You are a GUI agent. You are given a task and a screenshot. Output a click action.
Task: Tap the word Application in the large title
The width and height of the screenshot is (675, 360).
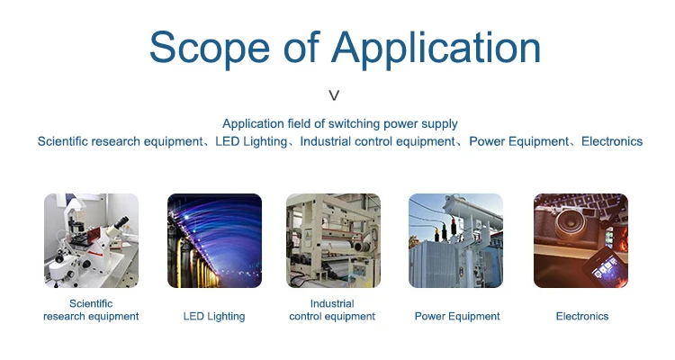(436, 49)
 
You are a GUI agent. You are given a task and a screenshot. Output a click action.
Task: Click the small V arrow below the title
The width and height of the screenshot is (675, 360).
(334, 95)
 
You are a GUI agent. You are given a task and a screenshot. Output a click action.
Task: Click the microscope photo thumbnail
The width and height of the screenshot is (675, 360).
(91, 240)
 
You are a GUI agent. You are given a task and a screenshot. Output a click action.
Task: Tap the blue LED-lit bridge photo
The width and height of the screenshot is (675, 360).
(214, 240)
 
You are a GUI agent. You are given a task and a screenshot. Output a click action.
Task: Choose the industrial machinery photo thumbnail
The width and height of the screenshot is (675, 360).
(333, 240)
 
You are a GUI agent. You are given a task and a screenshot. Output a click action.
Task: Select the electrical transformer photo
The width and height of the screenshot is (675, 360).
(456, 240)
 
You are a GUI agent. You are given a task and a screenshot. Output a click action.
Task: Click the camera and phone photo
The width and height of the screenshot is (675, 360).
(580, 240)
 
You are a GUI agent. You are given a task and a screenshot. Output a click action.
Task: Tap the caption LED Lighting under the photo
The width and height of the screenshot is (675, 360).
(214, 317)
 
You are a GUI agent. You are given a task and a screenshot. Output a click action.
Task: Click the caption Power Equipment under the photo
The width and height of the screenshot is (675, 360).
(457, 317)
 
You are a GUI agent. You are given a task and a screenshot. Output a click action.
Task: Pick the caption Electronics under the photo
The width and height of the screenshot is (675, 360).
(582, 317)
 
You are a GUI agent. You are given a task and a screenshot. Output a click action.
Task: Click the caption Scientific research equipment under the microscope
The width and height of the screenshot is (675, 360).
(91, 310)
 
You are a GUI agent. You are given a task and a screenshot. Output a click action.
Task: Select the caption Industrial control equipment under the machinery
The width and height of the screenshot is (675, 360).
(332, 310)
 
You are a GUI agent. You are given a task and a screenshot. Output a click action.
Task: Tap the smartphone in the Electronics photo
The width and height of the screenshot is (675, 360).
(603, 266)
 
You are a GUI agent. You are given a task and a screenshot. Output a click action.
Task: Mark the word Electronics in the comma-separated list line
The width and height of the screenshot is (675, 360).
(612, 141)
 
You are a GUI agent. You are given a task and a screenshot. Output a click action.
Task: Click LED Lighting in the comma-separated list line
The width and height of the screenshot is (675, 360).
(251, 142)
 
